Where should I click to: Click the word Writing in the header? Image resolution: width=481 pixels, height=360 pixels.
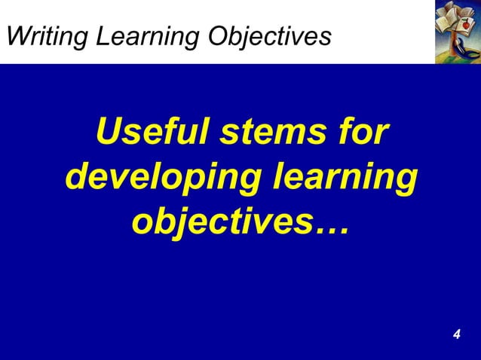(47, 35)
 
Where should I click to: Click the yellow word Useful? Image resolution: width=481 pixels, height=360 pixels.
(151, 136)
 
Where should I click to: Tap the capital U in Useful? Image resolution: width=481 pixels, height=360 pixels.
(109, 136)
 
